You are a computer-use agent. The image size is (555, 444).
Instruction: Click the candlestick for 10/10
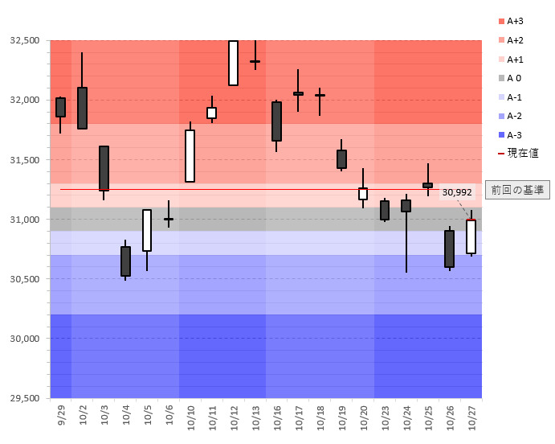tap(190, 156)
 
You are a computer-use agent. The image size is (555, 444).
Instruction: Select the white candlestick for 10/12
tap(233, 63)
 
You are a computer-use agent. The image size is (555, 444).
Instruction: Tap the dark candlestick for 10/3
tap(104, 168)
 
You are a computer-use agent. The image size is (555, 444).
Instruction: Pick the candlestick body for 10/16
tap(276, 121)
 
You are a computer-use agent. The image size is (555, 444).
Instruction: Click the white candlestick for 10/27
tap(471, 236)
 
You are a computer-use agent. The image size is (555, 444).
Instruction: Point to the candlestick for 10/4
tap(125, 261)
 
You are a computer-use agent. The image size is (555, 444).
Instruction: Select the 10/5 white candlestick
tap(147, 230)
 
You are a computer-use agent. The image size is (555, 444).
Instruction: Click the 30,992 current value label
tap(457, 191)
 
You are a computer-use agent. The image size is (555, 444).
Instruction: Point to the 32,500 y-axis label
tap(24, 40)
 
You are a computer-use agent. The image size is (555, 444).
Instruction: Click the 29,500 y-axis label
tap(24, 398)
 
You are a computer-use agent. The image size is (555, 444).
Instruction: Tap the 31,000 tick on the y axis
tap(24, 220)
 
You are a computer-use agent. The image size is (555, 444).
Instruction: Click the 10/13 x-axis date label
tap(255, 417)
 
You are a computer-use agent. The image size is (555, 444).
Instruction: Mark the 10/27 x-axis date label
tap(471, 417)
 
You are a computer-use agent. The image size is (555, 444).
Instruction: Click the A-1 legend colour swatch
tap(501, 97)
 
